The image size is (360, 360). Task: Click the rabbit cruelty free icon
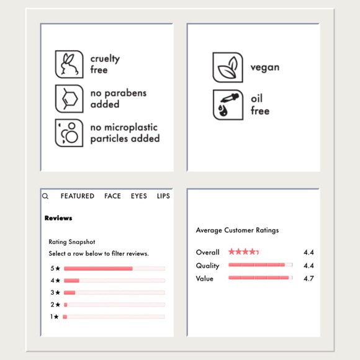[x=69, y=65]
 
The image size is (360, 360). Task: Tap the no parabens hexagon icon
[x=69, y=99]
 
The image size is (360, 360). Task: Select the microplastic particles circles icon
[x=69, y=133]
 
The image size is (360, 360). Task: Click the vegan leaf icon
[x=228, y=67]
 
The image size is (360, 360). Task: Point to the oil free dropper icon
[x=228, y=105]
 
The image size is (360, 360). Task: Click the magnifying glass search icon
[x=45, y=196]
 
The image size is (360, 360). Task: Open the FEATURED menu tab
[x=78, y=196]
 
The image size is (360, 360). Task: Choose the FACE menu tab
[x=112, y=196]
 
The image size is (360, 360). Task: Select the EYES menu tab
[x=139, y=196]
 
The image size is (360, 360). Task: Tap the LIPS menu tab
[x=163, y=196]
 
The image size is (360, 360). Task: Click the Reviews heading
[x=58, y=218]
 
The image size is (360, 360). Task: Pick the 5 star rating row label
[x=55, y=268]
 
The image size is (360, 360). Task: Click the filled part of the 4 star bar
[x=71, y=281]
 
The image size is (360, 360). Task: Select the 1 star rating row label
[x=55, y=317]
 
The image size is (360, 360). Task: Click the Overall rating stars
[x=244, y=251]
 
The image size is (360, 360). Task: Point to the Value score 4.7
[x=308, y=279]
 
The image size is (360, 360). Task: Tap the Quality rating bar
[x=261, y=264]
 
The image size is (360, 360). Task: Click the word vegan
[x=265, y=68]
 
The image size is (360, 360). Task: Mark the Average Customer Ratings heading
[x=237, y=230]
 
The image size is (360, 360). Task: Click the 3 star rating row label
[x=55, y=292]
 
